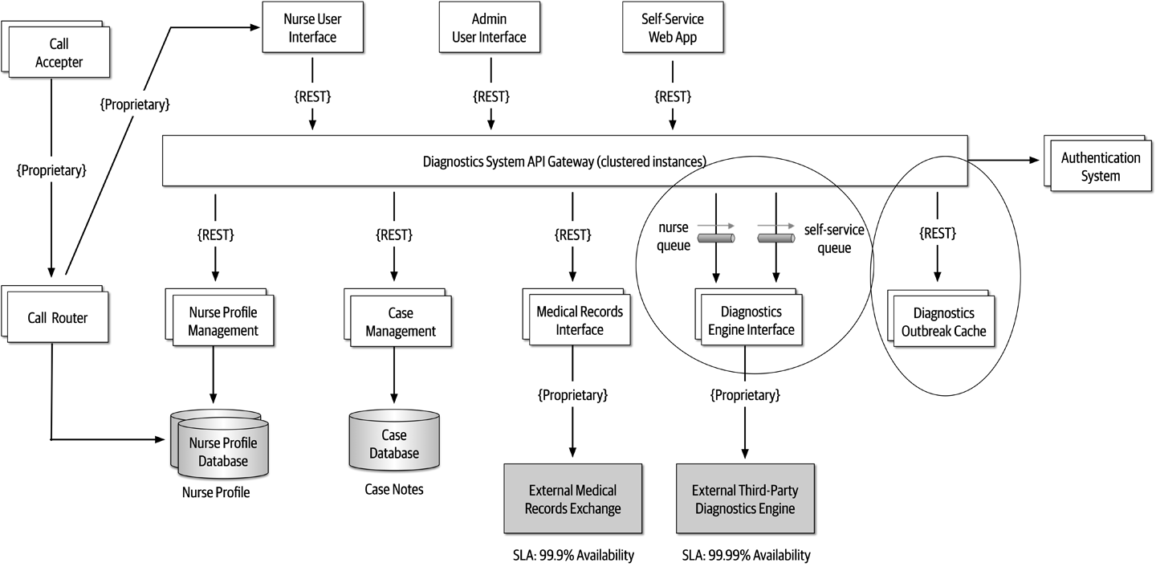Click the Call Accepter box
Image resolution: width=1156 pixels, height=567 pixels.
point(60,53)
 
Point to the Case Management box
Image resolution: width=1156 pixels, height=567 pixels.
point(400,322)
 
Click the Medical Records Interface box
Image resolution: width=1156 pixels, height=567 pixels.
point(579,320)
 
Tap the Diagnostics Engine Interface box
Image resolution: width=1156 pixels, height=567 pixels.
point(751,321)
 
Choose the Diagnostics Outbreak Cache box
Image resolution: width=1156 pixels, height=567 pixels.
point(944,322)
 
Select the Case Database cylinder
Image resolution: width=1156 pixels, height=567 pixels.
point(394,443)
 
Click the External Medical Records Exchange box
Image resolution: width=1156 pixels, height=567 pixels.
point(572,498)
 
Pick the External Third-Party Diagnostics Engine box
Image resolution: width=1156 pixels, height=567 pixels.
point(745,498)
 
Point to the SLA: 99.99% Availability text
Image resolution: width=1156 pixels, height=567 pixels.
point(746,555)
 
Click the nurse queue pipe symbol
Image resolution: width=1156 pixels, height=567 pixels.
point(714,239)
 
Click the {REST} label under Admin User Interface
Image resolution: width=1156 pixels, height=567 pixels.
point(491,96)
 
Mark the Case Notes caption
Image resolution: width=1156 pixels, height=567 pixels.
point(393,489)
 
